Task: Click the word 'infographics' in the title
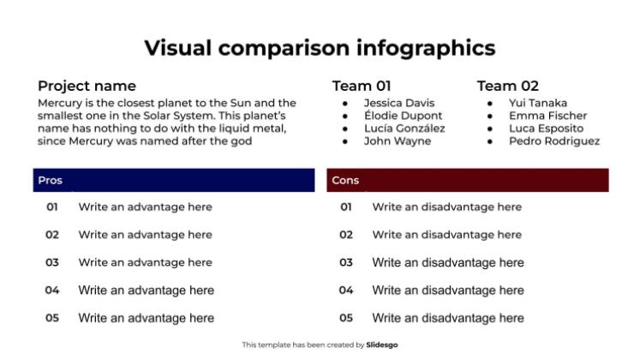426,49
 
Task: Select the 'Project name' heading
87,86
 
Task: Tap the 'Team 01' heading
362,86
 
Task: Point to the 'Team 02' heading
508,86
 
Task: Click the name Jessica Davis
399,103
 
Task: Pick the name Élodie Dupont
404,116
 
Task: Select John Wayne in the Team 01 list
398,141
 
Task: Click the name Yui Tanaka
538,103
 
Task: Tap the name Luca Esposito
546,129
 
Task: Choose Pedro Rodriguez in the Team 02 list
554,141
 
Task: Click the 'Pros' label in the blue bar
51,180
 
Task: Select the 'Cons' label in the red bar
345,180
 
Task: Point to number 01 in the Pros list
52,207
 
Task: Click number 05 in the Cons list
346,318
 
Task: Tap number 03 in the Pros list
52,262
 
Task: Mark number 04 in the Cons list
346,291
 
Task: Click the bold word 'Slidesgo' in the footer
381,345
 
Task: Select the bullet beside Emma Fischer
490,117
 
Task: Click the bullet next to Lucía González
345,129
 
